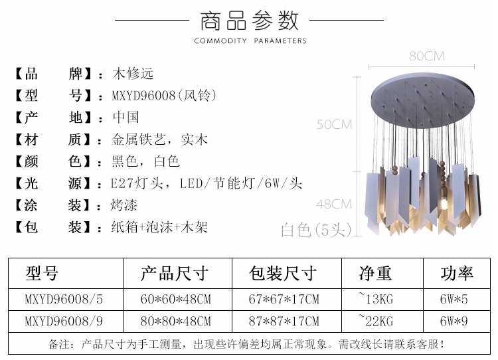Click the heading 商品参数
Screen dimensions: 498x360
tap(249, 21)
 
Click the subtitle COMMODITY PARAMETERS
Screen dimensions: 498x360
tap(250, 41)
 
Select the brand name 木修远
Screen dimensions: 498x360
tap(133, 74)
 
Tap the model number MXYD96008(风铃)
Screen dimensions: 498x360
tap(164, 96)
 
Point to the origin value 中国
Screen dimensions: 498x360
tap(126, 118)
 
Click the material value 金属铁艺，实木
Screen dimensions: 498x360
tap(159, 139)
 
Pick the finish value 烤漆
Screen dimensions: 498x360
tap(124, 205)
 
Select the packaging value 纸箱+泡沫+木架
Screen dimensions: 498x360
tap(159, 227)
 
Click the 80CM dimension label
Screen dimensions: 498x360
tap(426, 56)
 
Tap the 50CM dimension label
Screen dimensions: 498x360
tap(335, 124)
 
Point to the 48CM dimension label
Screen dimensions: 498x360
tap(334, 204)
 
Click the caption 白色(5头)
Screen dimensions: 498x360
tap(316, 230)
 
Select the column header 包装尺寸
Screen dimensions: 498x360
tap(283, 273)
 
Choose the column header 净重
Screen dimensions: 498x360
tap(375, 273)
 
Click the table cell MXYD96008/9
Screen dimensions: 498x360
tap(64, 321)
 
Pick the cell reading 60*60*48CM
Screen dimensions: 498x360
tap(176, 300)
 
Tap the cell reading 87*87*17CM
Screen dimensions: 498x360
tap(284, 321)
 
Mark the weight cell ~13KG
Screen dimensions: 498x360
tap(375, 299)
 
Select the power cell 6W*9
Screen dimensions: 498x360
tap(454, 321)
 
